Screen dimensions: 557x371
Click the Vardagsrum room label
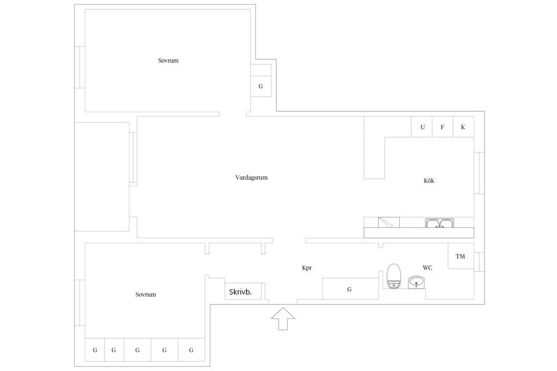251,177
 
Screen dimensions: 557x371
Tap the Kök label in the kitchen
429,181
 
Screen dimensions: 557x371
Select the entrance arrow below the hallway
283,319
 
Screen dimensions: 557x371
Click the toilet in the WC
393,276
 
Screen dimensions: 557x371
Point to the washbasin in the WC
416,283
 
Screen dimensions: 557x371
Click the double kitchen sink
439,223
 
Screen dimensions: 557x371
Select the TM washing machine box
461,256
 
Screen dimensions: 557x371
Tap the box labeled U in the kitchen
422,127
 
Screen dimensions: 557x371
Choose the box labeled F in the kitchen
442,127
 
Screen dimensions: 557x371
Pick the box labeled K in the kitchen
463,127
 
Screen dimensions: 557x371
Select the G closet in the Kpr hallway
350,289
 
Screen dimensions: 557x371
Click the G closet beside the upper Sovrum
261,86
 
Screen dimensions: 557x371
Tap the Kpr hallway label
306,268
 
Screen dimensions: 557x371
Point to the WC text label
428,268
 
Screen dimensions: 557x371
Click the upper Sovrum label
168,61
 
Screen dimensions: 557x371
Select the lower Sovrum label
146,294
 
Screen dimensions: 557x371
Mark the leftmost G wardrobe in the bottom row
95,350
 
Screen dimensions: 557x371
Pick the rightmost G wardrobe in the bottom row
191,350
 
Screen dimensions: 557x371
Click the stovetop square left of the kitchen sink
389,222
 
